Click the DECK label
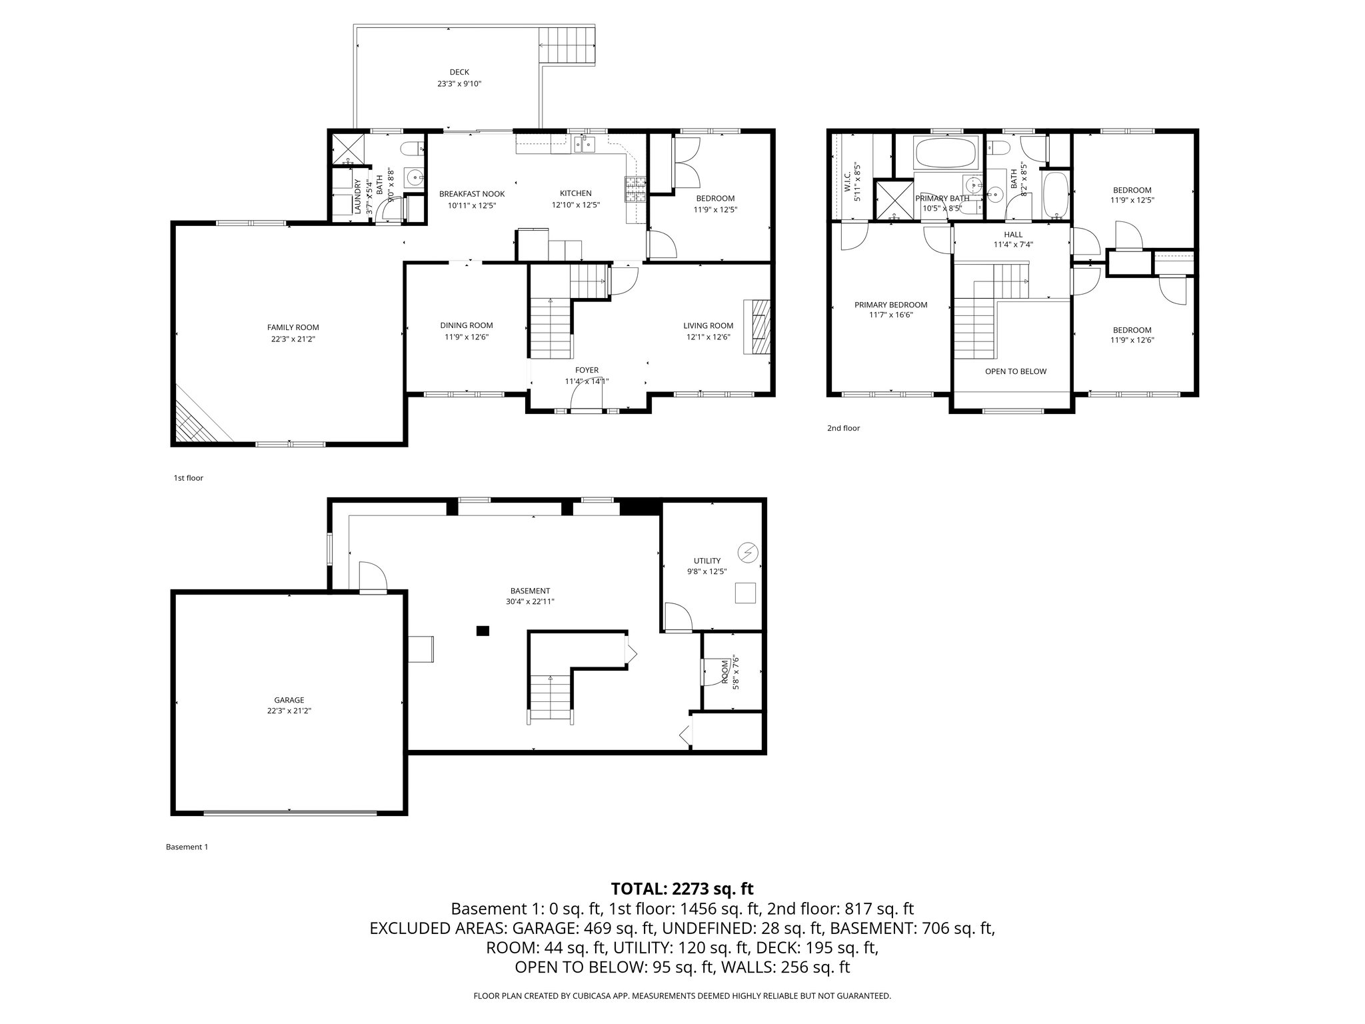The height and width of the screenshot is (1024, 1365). (x=459, y=72)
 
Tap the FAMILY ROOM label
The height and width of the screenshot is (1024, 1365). (x=293, y=327)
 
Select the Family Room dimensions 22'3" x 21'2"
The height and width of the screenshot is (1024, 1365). (x=293, y=339)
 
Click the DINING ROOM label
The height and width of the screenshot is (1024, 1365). (x=466, y=325)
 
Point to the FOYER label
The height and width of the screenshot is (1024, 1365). (x=587, y=370)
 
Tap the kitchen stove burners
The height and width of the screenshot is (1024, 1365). (x=635, y=189)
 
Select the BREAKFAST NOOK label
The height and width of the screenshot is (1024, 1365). (x=471, y=194)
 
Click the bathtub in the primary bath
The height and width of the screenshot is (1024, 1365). (x=946, y=153)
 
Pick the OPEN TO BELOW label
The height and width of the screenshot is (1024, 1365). (x=1015, y=371)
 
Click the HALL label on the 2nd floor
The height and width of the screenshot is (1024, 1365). (x=1012, y=235)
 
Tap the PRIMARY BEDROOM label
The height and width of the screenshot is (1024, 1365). (x=890, y=305)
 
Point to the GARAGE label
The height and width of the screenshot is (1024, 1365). (x=289, y=700)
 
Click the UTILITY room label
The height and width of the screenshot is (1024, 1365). (x=706, y=561)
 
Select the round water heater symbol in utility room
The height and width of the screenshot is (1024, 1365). (x=747, y=552)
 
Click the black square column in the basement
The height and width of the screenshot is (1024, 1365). (x=483, y=630)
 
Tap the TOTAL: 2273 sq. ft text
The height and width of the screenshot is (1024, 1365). (x=682, y=889)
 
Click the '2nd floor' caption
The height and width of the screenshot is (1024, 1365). (x=843, y=428)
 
